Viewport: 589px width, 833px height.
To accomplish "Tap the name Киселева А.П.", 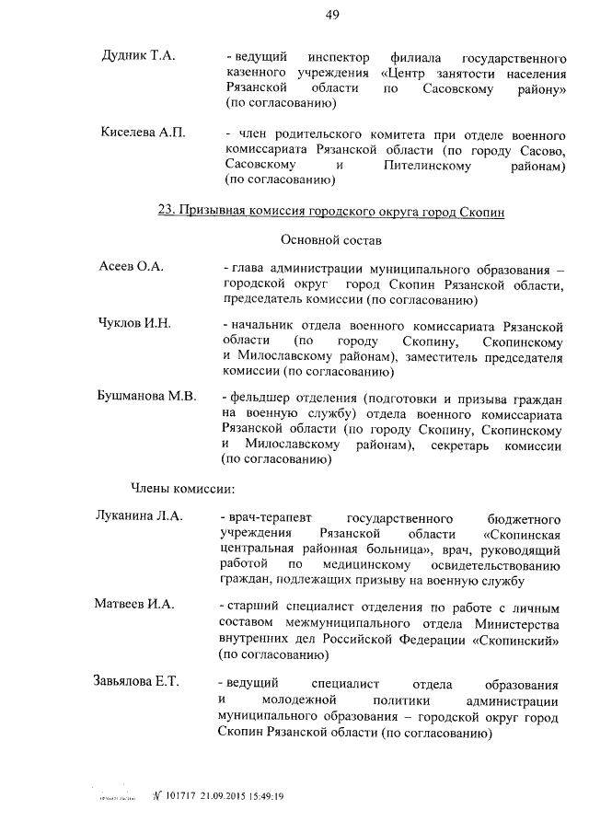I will [x=143, y=133].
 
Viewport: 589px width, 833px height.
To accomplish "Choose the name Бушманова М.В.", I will [x=146, y=398].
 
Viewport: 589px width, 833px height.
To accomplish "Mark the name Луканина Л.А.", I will [x=139, y=516].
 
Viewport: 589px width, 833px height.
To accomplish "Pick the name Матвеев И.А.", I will [x=134, y=605].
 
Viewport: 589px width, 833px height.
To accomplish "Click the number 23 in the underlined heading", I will [x=166, y=212].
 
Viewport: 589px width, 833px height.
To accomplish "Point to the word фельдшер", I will [x=265, y=398].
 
